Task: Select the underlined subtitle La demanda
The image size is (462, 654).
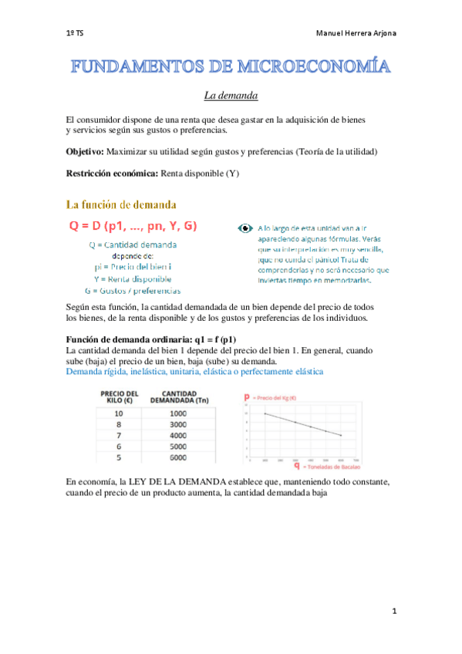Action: [231, 96]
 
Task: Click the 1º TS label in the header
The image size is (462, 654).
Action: [75, 34]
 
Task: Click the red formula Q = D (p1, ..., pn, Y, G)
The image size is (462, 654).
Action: [133, 226]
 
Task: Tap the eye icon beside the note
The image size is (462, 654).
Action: [245, 228]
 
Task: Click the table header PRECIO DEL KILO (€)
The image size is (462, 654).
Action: [120, 397]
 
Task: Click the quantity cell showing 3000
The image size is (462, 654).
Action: [179, 423]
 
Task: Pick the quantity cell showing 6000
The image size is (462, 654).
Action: [179, 457]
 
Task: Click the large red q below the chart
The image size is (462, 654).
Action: [297, 466]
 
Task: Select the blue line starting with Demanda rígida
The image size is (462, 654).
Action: [194, 371]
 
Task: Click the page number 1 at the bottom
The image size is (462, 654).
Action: [393, 612]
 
